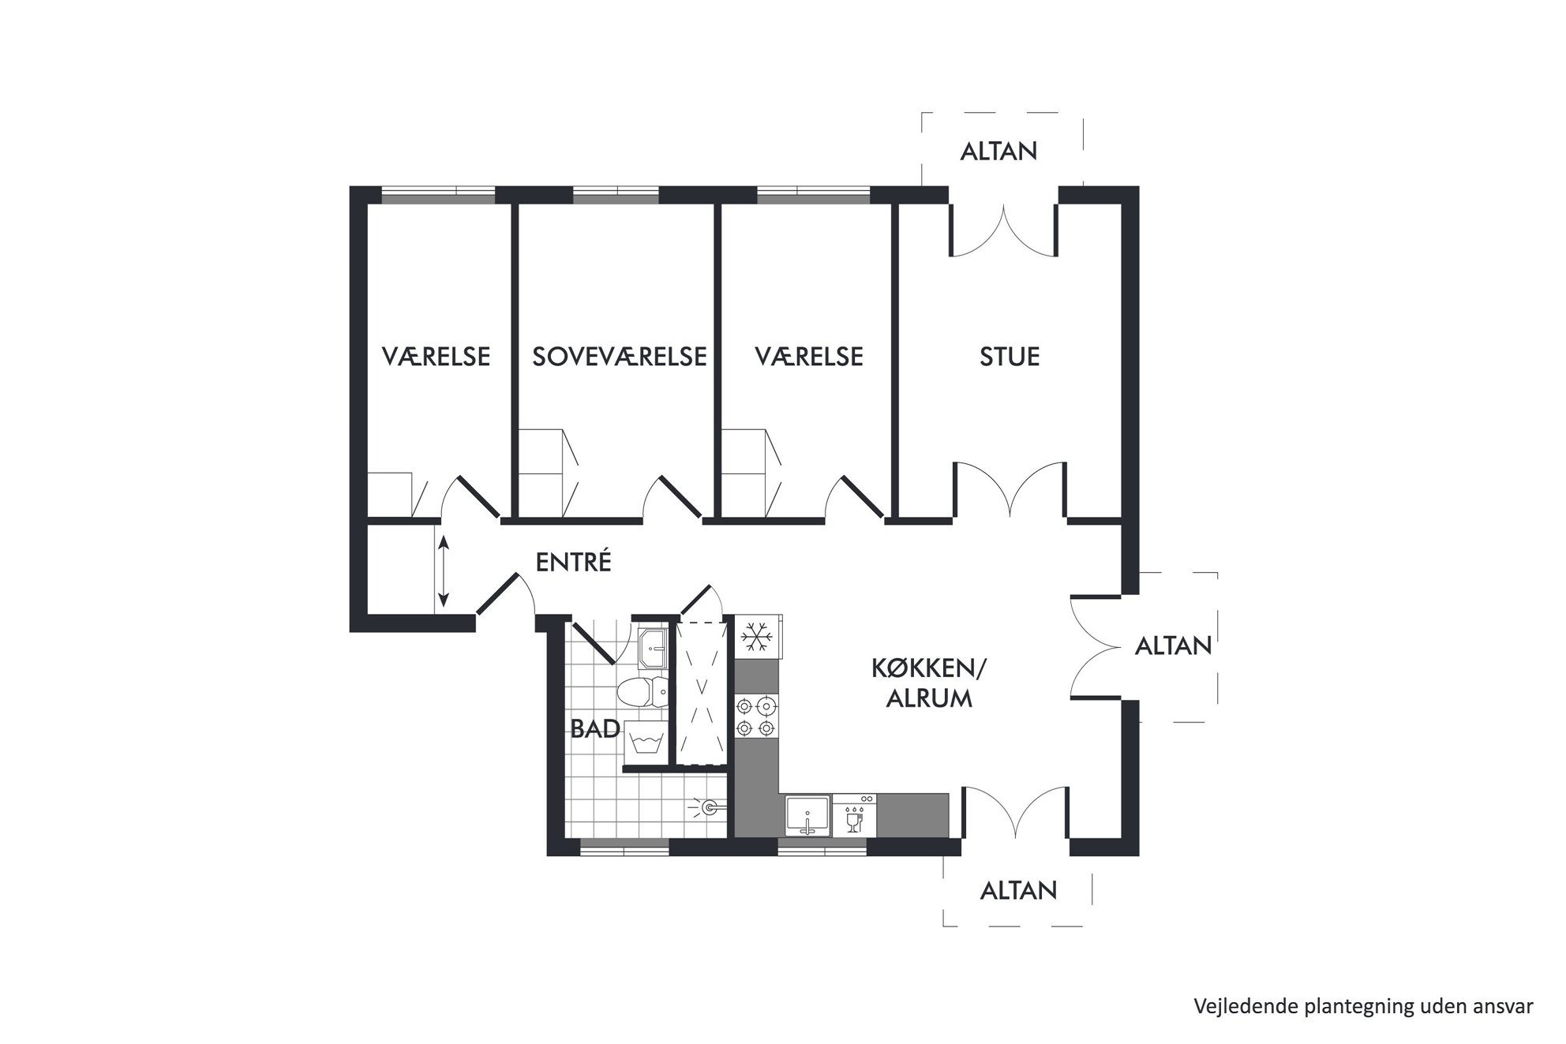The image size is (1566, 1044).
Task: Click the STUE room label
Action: [1010, 357]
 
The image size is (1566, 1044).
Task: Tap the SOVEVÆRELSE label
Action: [620, 357]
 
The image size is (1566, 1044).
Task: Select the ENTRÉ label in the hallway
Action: [574, 562]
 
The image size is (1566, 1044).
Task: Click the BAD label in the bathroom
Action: [595, 729]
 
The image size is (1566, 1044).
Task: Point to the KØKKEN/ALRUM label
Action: [929, 683]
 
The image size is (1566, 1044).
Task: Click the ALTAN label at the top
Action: [998, 152]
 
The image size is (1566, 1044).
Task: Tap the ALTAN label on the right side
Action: [1173, 646]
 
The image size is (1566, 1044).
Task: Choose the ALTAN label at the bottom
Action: [1018, 891]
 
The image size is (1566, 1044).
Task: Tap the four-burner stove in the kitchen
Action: [755, 717]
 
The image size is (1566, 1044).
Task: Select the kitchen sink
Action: [807, 815]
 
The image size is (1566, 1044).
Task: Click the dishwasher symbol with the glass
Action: [854, 815]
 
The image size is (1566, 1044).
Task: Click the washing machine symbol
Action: [646, 743]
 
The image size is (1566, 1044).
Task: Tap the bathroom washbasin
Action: [653, 649]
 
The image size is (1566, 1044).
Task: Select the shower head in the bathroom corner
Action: [708, 806]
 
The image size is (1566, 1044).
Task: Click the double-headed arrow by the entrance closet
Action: [443, 571]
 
